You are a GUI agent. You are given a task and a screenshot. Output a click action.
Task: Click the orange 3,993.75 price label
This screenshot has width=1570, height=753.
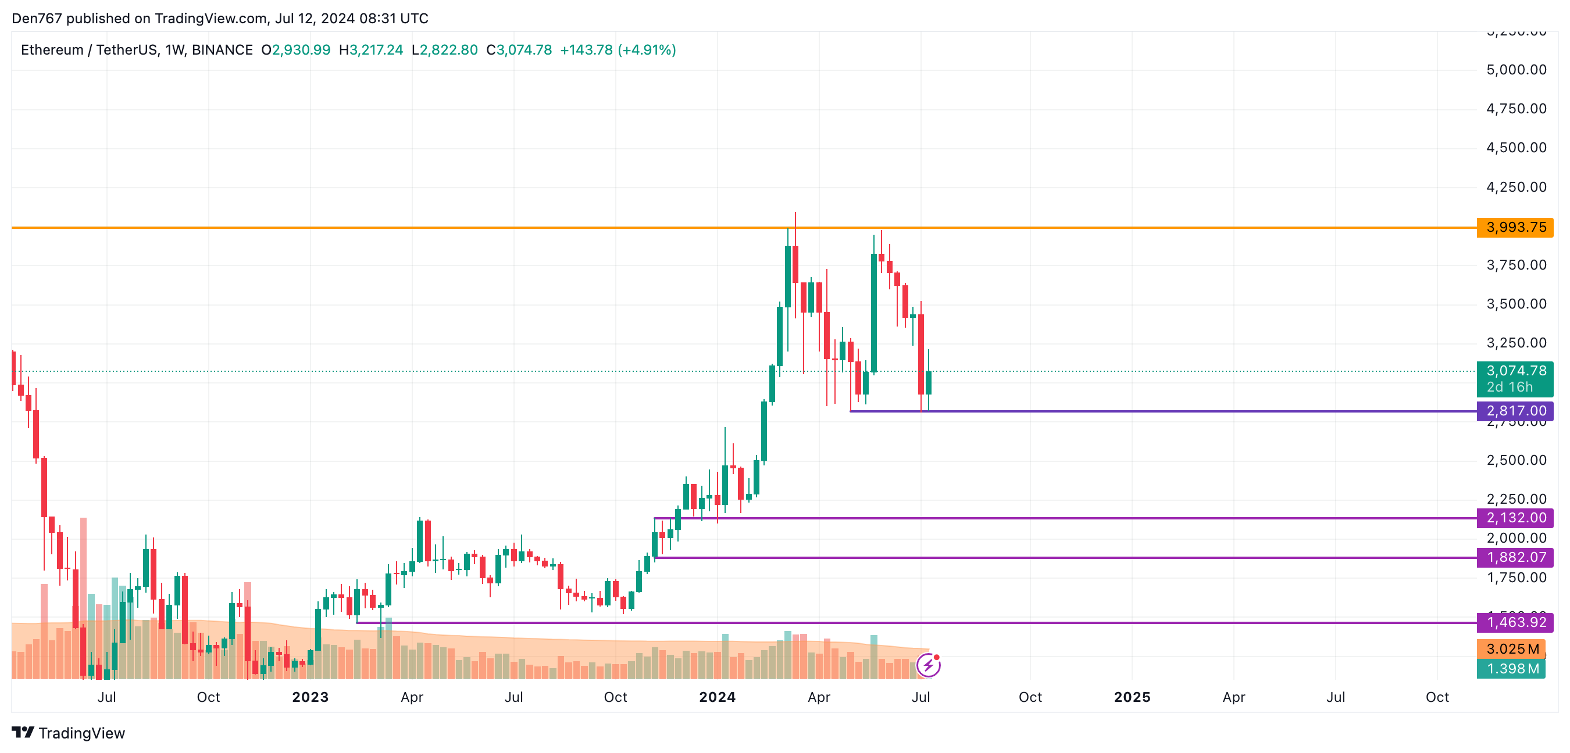click(1515, 227)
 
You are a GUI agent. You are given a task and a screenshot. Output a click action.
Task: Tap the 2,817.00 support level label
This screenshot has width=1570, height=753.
click(1515, 411)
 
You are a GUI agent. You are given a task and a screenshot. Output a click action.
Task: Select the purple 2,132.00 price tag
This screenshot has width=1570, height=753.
click(1515, 518)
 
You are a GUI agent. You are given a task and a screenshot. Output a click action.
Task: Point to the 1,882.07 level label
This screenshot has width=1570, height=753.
click(1515, 557)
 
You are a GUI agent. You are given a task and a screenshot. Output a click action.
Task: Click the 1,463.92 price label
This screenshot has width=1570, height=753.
click(1515, 622)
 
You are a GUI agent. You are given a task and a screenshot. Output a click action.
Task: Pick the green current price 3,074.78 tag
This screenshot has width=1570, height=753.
click(1515, 371)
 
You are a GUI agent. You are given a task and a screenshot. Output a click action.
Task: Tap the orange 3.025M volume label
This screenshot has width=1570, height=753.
click(1511, 649)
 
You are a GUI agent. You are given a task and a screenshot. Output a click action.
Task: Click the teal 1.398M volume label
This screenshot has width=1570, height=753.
click(1511, 668)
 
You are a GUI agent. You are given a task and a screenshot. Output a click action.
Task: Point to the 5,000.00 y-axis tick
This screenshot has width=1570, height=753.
click(1516, 70)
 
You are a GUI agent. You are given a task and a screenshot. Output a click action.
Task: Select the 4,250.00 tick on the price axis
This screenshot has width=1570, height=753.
click(1516, 187)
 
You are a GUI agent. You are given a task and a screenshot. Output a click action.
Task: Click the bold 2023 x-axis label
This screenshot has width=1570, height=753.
click(311, 697)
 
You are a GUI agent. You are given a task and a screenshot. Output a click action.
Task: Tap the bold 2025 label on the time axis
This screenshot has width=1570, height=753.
click(1132, 697)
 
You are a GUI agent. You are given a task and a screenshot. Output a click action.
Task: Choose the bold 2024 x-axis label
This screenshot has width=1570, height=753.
click(718, 697)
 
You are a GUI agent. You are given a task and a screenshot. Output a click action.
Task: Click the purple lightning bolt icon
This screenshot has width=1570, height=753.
click(928, 665)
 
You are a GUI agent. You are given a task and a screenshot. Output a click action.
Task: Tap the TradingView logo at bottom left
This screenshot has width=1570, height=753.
click(68, 733)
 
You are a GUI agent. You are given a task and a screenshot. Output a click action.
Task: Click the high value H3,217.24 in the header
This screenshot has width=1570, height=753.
click(371, 50)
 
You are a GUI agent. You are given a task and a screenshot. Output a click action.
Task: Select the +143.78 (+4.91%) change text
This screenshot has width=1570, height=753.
click(618, 50)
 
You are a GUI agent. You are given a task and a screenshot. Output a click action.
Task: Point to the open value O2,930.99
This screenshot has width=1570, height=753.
click(296, 50)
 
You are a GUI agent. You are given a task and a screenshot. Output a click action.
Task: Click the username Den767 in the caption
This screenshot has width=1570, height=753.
click(37, 18)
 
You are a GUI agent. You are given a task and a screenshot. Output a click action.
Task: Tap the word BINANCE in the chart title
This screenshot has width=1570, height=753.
click(222, 50)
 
